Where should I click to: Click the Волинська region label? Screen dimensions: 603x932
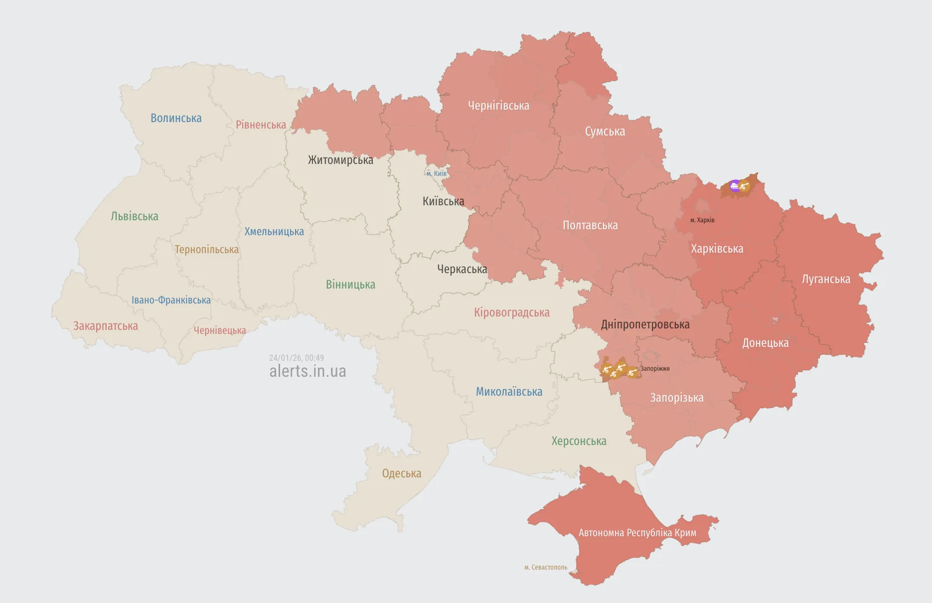tap(176, 118)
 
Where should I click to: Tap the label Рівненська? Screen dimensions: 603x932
tap(261, 125)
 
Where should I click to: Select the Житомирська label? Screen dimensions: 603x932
tap(340, 160)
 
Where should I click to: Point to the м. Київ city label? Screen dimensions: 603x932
tap(437, 173)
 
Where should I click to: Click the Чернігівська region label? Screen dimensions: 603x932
tap(498, 106)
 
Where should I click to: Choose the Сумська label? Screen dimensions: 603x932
tap(605, 132)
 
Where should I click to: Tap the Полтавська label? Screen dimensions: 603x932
tap(590, 225)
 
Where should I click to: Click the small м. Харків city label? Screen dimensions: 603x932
tap(702, 220)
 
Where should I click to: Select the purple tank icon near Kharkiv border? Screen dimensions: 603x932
tap(735, 186)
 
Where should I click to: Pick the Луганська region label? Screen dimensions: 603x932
tap(826, 279)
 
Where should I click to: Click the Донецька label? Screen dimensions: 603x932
tap(765, 343)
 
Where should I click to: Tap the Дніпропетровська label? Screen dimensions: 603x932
tap(645, 324)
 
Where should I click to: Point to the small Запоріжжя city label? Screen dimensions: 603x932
tap(655, 369)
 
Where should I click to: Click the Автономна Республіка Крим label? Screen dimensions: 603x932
tap(637, 533)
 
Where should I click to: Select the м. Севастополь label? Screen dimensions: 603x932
tap(546, 567)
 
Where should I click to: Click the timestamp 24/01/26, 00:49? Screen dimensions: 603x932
tap(296, 358)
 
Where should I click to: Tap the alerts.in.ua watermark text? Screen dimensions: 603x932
tap(308, 371)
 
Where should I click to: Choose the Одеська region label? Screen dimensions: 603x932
tap(401, 473)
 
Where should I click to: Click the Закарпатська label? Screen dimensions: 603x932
tap(106, 326)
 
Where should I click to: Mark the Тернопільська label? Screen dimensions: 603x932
tap(206, 250)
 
